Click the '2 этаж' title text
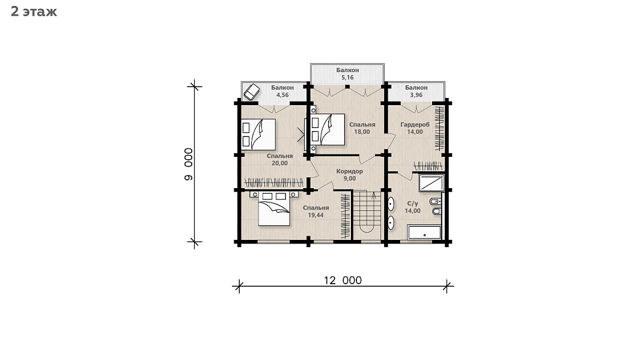(34, 11)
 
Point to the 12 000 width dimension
(343, 281)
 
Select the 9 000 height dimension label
(189, 164)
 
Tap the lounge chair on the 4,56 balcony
(251, 92)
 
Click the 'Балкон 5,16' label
(347, 74)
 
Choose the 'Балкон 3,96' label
(416, 91)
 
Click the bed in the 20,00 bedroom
(258, 134)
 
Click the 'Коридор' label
(349, 171)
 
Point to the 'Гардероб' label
(415, 124)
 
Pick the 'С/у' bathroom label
(413, 203)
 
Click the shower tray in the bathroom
(431, 183)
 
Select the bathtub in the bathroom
(424, 232)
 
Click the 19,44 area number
(315, 215)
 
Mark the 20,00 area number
(279, 163)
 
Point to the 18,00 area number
(362, 132)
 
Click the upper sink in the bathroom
(391, 204)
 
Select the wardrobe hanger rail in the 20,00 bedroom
(274, 183)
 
